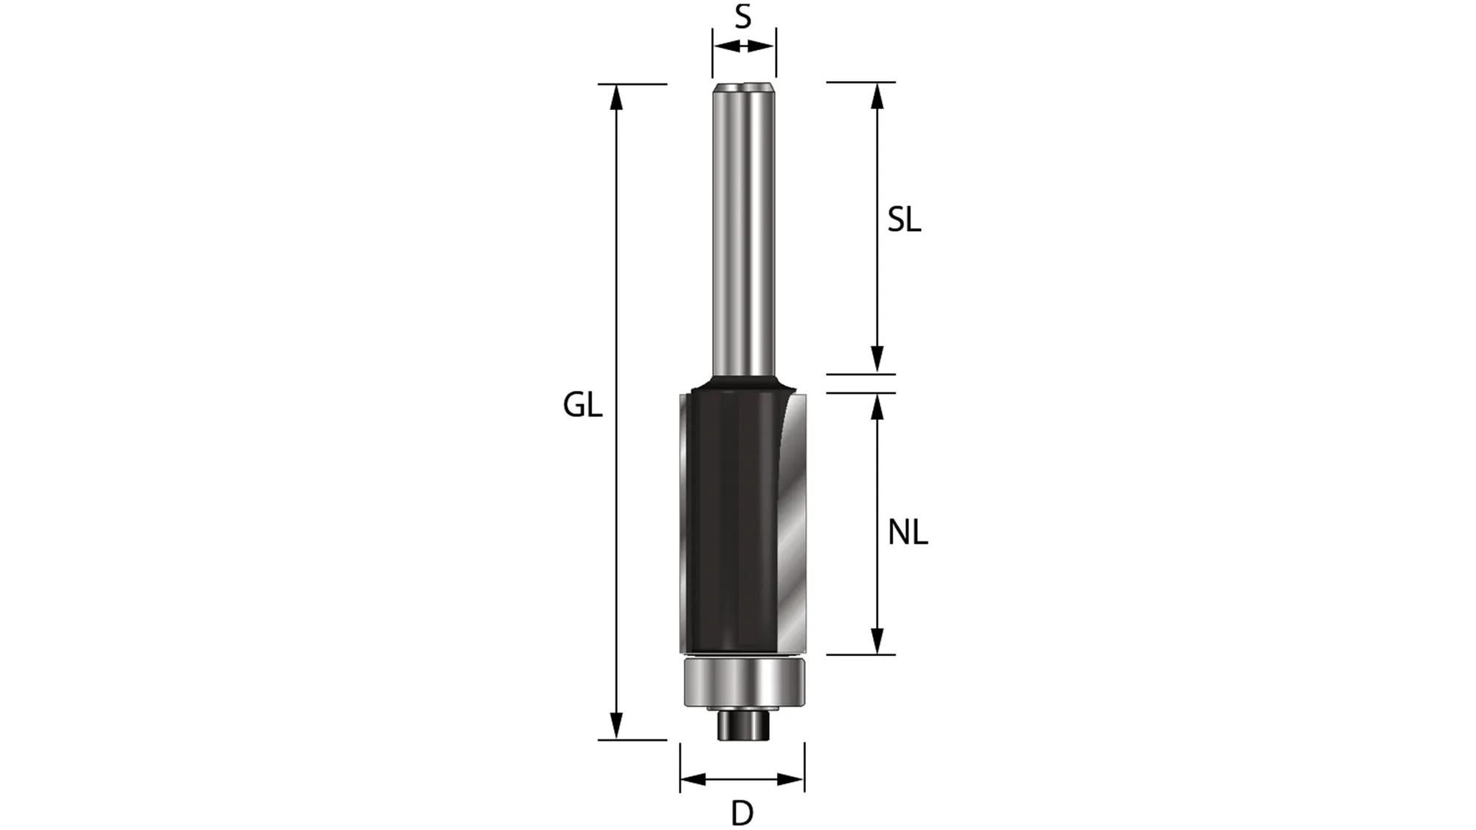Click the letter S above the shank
coord(743,16)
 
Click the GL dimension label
coord(582,405)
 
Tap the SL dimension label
coord(904,220)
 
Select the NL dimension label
coord(907,532)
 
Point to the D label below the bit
coord(742,813)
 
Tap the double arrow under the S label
coord(744,46)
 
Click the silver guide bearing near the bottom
coord(742,682)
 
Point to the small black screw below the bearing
coord(743,727)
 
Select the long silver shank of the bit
coord(743,236)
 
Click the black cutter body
coord(727,516)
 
